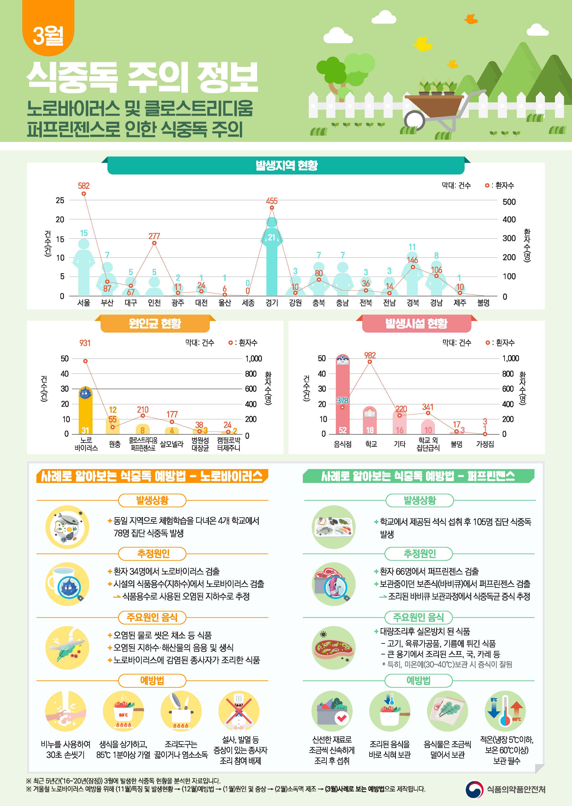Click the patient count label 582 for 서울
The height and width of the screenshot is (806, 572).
click(84, 186)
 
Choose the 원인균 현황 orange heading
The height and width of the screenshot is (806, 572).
click(155, 323)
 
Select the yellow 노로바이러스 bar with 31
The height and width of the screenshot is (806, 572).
click(85, 412)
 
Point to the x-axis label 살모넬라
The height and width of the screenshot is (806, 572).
click(172, 444)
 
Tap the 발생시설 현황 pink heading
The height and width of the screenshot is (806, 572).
click(416, 323)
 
